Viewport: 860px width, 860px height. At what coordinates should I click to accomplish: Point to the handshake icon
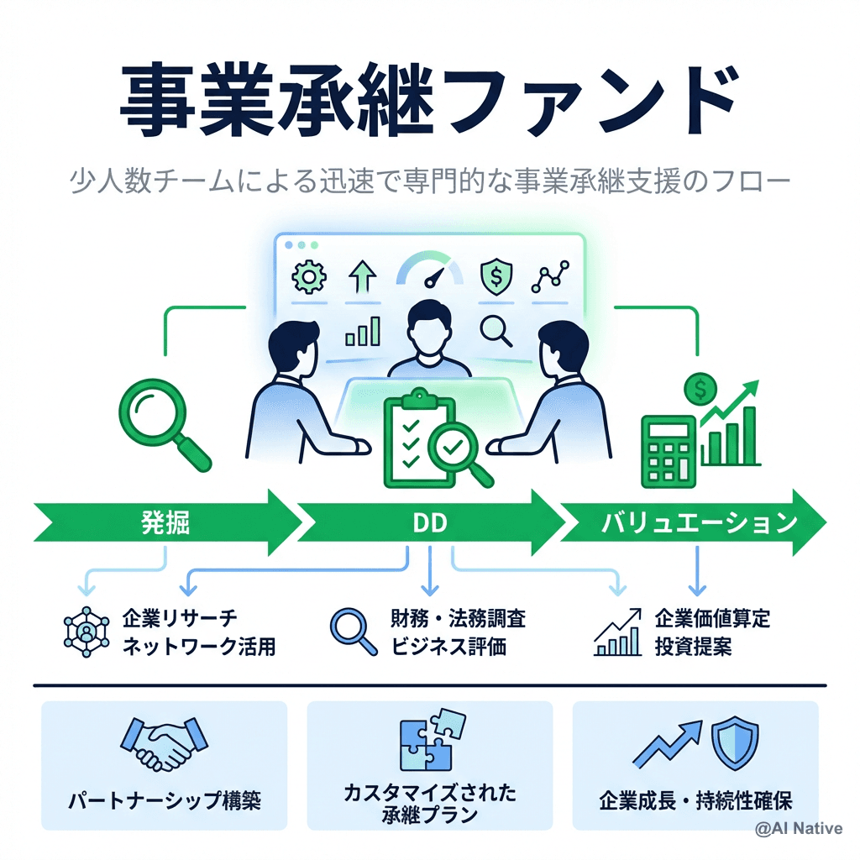165,742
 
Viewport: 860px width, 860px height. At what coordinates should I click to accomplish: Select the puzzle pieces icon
431,740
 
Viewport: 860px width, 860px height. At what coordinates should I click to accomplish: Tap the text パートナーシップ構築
165,800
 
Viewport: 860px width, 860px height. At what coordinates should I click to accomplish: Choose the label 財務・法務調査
459,620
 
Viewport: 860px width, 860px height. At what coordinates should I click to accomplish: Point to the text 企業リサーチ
180,620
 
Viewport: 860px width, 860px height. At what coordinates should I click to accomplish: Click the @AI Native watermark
798,829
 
